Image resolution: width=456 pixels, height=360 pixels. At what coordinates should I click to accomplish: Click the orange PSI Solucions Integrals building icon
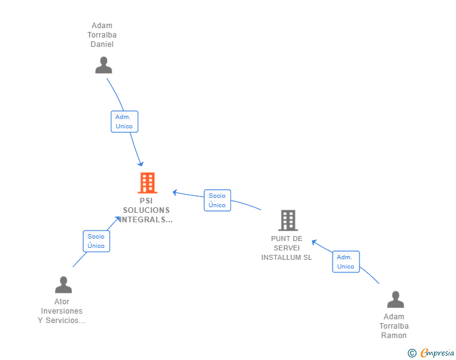pos(147,183)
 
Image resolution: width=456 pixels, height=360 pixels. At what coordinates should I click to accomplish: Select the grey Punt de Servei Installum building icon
pos(288,220)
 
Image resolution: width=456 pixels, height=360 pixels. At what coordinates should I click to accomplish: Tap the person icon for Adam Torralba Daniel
pos(103,65)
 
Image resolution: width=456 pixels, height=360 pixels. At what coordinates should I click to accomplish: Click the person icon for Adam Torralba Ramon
pos(395,299)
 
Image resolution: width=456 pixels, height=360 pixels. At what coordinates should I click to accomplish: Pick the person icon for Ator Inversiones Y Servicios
pos(63,285)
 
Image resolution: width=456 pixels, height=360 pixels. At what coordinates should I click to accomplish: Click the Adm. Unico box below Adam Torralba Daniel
pos(124,121)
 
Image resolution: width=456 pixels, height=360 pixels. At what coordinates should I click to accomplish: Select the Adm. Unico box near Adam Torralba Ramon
pos(346,262)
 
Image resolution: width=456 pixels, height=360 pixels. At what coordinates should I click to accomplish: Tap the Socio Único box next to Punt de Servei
pos(217,200)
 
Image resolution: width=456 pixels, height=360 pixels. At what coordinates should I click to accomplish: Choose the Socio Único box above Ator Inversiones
pos(96,241)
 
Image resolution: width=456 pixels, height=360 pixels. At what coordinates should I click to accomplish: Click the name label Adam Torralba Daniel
pos(102,35)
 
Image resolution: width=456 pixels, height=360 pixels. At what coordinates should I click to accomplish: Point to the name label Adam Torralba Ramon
pos(394,326)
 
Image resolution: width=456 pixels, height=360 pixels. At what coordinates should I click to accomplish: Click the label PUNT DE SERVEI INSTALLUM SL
pos(287,248)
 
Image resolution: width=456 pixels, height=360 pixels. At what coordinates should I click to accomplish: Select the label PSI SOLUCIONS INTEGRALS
pos(147,210)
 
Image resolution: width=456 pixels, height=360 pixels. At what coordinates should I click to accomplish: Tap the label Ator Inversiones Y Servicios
pos(62,311)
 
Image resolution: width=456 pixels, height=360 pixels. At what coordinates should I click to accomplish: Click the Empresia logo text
pos(437,353)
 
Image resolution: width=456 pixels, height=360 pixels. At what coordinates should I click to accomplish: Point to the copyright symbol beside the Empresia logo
pos(412,353)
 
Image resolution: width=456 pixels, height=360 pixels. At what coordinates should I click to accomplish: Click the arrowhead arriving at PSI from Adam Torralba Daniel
pos(141,164)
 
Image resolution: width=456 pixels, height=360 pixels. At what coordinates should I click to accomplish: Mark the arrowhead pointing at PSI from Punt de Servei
pos(175,192)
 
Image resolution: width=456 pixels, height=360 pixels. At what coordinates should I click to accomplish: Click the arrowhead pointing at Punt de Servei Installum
pos(314,242)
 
